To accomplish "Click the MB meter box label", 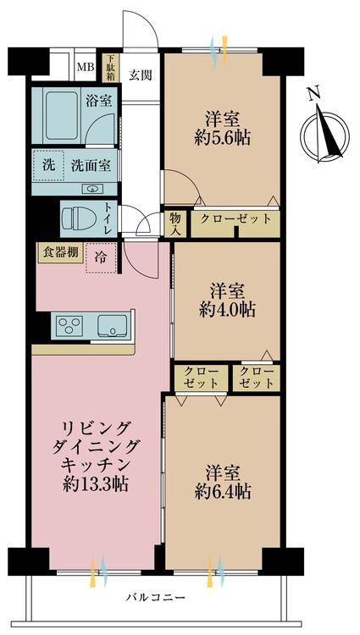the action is tap(85, 66).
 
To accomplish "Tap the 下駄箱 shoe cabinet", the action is tap(111, 68).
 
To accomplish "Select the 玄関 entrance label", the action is tap(141, 75).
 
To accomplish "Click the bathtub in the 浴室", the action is tap(62, 115).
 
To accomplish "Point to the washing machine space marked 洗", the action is tap(48, 165).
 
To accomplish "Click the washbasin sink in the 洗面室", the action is tap(93, 188).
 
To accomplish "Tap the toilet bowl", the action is tap(79, 218).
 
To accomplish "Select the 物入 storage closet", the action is tap(175, 224).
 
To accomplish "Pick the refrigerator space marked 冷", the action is tap(101, 257).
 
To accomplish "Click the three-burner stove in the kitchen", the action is tap(69, 325).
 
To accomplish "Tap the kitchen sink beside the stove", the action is tap(113, 325).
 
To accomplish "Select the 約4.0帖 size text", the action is tap(227, 310).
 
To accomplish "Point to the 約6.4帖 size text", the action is tap(222, 492).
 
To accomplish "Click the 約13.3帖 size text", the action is tap(96, 484).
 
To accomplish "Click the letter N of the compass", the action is tap(313, 94).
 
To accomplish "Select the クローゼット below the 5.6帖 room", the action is tap(235, 219).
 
